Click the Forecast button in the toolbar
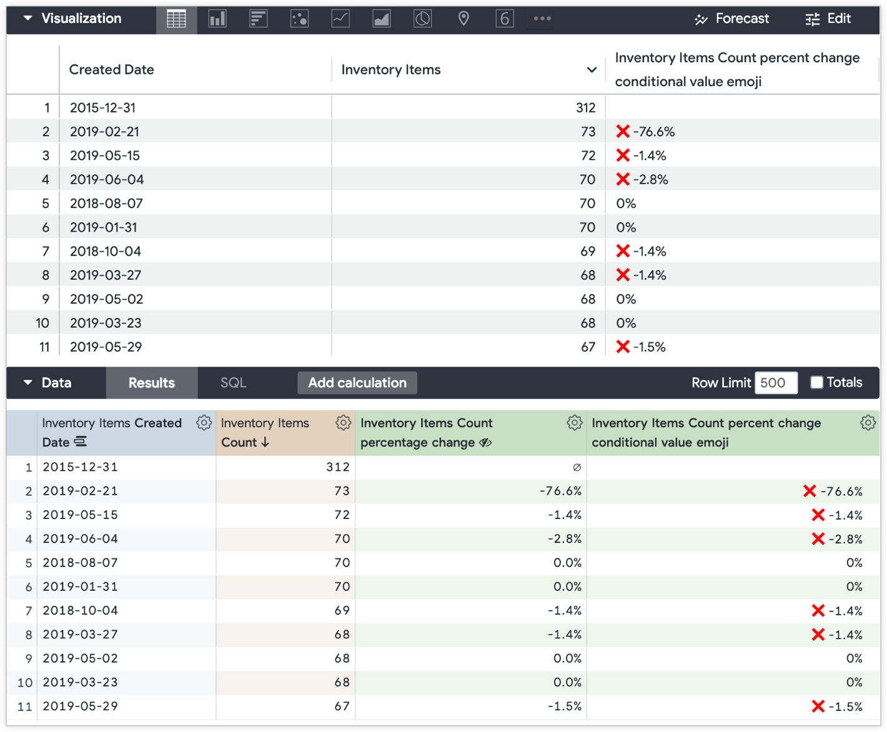[x=732, y=19]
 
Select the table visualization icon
[x=176, y=19]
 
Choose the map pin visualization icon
[x=463, y=19]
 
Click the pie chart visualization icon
[x=422, y=19]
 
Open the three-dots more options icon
[x=542, y=19]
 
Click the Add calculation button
[x=357, y=383]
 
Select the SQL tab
[x=233, y=383]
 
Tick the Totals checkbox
[x=816, y=383]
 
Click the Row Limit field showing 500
[x=776, y=383]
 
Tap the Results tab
[x=152, y=383]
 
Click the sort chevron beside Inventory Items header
[x=592, y=70]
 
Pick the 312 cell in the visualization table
[x=585, y=108]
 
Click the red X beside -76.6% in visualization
[x=623, y=132]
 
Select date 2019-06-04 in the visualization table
[x=107, y=180]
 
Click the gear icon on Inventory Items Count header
[x=343, y=423]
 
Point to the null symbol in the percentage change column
[x=577, y=467]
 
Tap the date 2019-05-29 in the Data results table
[x=80, y=706]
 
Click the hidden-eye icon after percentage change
[x=485, y=443]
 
